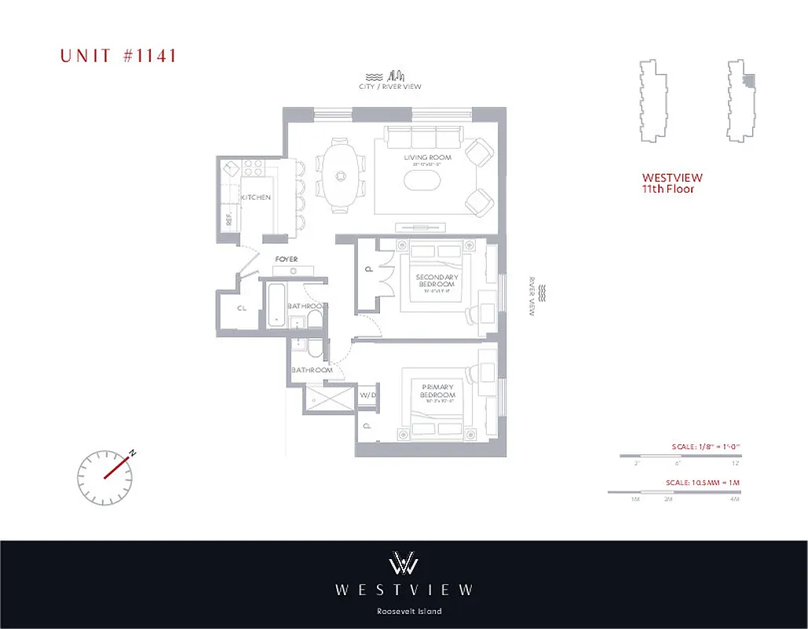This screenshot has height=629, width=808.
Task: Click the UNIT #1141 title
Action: point(118,55)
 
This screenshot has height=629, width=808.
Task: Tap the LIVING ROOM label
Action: point(423,158)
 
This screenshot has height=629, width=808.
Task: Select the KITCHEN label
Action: point(256,197)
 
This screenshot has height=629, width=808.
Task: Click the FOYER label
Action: point(286,259)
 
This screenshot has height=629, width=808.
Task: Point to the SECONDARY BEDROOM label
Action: point(437,280)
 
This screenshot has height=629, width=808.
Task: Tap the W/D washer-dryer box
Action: point(367,395)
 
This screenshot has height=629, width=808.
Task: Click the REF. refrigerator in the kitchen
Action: point(230,219)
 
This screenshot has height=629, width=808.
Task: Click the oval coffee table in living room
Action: point(423,180)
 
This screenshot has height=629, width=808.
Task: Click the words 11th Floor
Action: point(668,189)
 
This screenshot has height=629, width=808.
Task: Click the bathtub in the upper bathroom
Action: point(273,305)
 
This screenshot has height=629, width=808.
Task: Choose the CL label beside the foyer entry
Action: point(241,307)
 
